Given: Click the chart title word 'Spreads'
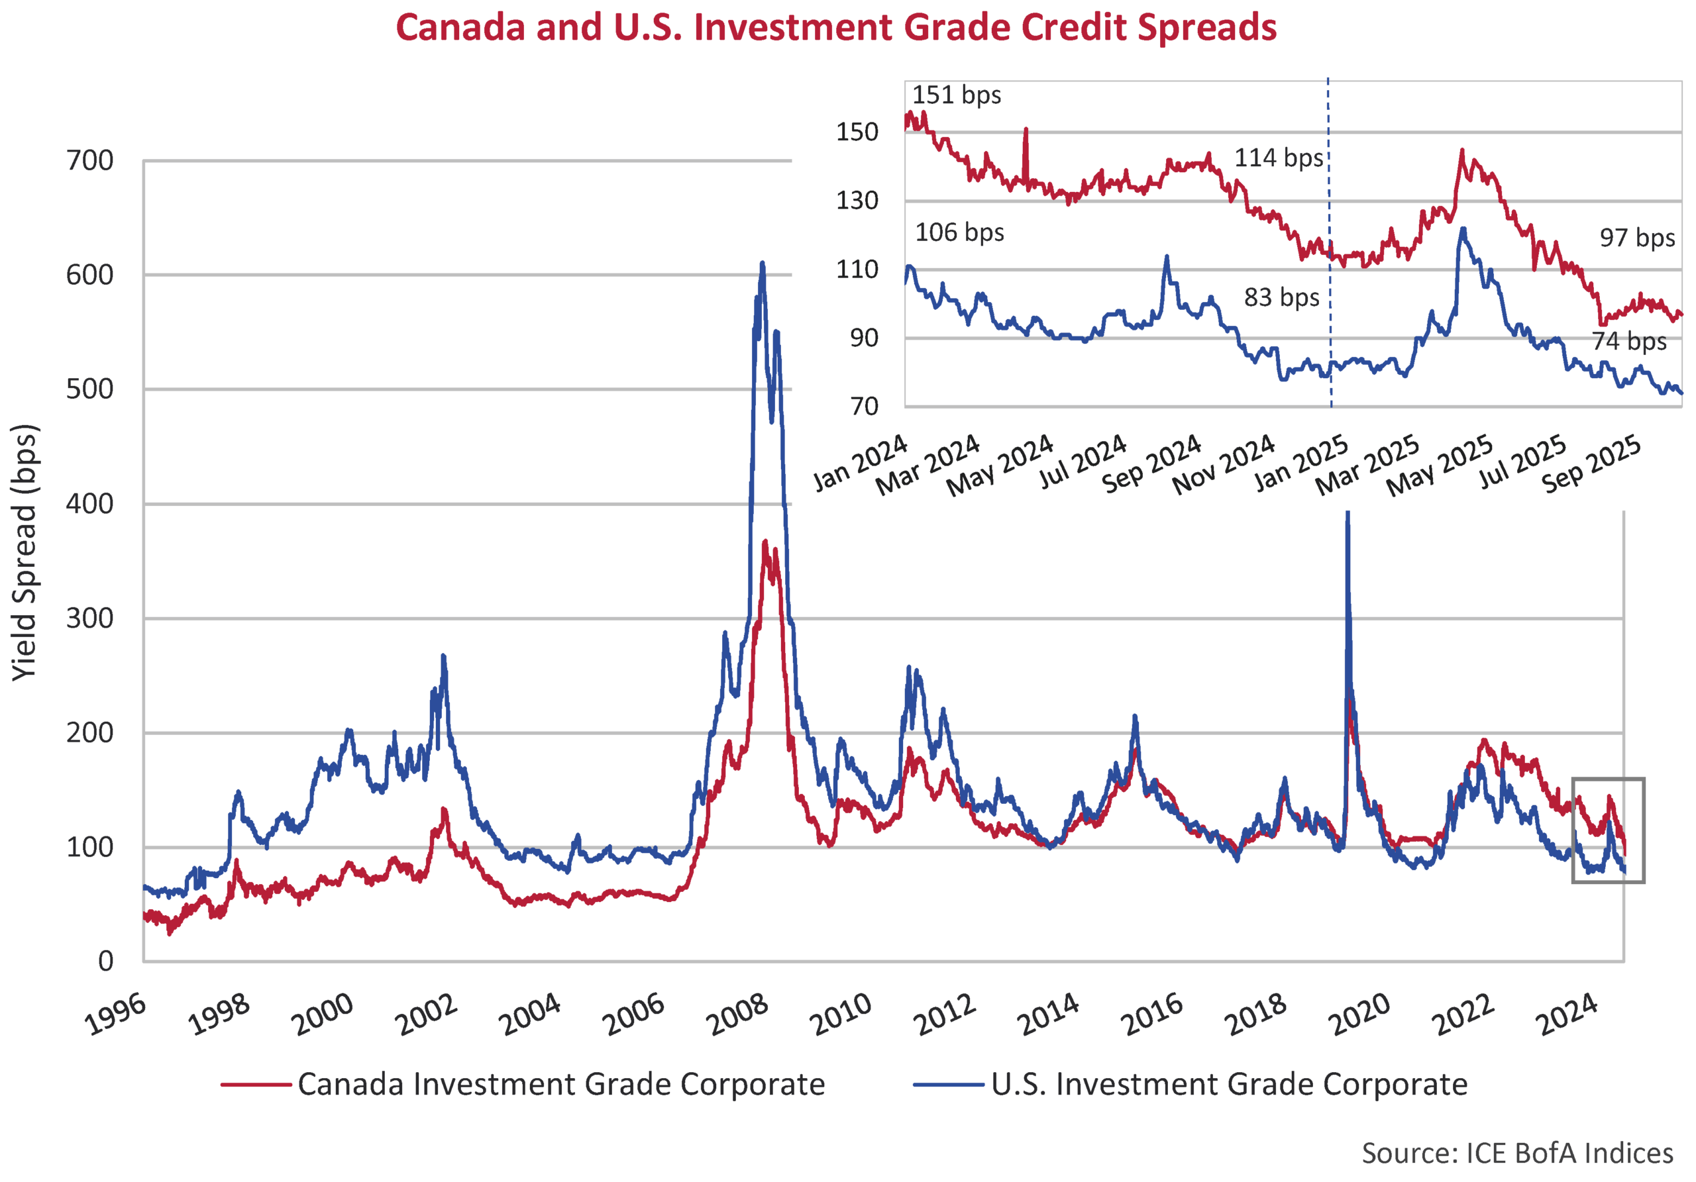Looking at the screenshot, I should [1206, 28].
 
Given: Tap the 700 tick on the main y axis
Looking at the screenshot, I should [89, 160].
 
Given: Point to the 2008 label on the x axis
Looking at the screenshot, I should [737, 1015].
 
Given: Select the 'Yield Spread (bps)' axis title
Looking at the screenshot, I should [25, 552].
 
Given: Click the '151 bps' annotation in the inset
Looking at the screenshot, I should [956, 95].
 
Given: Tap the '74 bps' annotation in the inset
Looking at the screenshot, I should [1629, 341].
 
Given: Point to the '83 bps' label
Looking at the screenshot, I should [1281, 297].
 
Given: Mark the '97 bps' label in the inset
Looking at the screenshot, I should [1637, 238].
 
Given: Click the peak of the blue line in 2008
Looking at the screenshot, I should [763, 264].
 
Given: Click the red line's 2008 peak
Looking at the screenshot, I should [765, 542].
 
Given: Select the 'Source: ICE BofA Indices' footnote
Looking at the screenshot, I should [1516, 1152].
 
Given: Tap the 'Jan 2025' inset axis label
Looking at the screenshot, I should [1302, 463].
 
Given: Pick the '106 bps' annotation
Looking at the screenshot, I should [959, 232].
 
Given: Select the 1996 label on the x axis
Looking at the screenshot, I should [115, 1015].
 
